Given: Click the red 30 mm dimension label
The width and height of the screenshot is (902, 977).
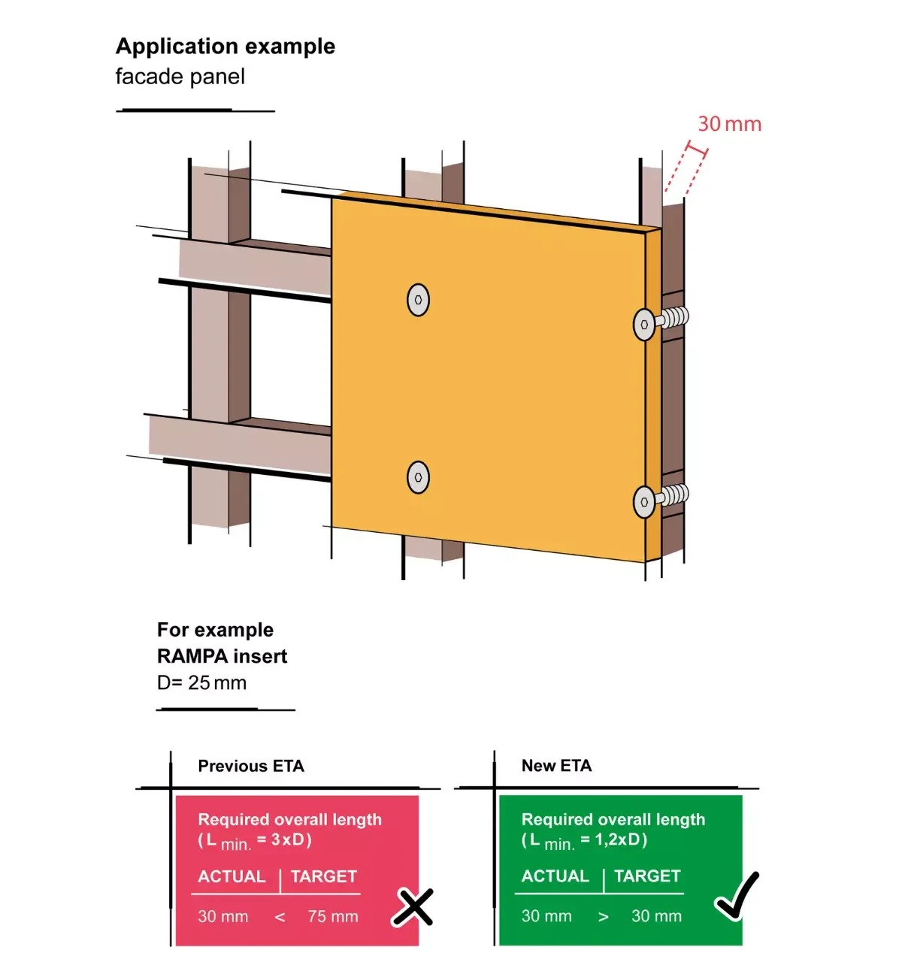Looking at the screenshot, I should tap(729, 124).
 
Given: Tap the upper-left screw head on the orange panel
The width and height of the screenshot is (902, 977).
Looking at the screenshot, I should tap(418, 300).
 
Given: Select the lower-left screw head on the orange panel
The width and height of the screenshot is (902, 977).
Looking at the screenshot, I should tap(418, 477).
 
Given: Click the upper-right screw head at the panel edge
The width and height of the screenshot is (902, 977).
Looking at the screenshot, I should tap(644, 325).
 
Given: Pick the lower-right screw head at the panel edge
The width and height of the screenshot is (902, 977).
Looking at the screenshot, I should tap(644, 502).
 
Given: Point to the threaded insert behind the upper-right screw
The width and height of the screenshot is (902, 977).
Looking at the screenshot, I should tap(673, 318).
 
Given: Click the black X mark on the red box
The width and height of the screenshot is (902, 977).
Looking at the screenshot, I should tap(413, 907).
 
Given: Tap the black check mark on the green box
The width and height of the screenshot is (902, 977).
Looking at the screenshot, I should tap(737, 896).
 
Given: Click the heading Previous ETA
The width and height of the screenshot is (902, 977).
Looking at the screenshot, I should tap(250, 766).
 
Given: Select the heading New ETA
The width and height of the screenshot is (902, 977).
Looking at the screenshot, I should tap(556, 765).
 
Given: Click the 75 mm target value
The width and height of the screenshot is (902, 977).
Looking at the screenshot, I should tap(333, 917).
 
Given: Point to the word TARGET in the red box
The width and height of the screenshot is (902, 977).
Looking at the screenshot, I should tap(323, 876).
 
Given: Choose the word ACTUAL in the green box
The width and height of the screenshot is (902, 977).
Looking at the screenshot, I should tap(555, 876).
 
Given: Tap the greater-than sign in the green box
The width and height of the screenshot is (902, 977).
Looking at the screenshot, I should tap(603, 917).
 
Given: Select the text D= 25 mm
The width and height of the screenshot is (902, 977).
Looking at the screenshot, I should tap(201, 682).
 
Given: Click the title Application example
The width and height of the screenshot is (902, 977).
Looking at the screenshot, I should tap(225, 47).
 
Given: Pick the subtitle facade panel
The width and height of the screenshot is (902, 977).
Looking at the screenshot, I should tap(180, 77).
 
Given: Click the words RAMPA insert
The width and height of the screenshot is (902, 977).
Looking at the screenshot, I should tap(222, 656).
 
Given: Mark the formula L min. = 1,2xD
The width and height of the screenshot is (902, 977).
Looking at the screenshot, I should tap(585, 841).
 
